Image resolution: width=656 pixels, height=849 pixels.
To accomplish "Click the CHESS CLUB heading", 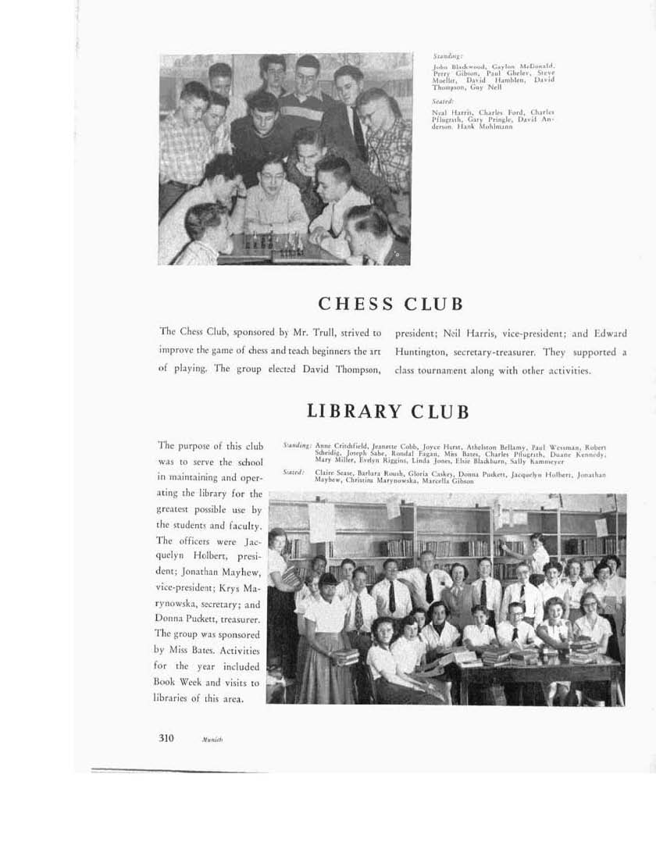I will (390, 304).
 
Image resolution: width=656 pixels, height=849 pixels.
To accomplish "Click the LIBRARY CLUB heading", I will (388, 411).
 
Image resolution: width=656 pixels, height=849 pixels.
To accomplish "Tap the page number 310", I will (166, 738).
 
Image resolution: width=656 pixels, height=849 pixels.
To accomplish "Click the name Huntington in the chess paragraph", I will (427, 352).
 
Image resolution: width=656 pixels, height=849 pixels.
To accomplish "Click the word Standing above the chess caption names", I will (448, 56).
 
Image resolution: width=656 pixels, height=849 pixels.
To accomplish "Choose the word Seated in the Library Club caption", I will (294, 473).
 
